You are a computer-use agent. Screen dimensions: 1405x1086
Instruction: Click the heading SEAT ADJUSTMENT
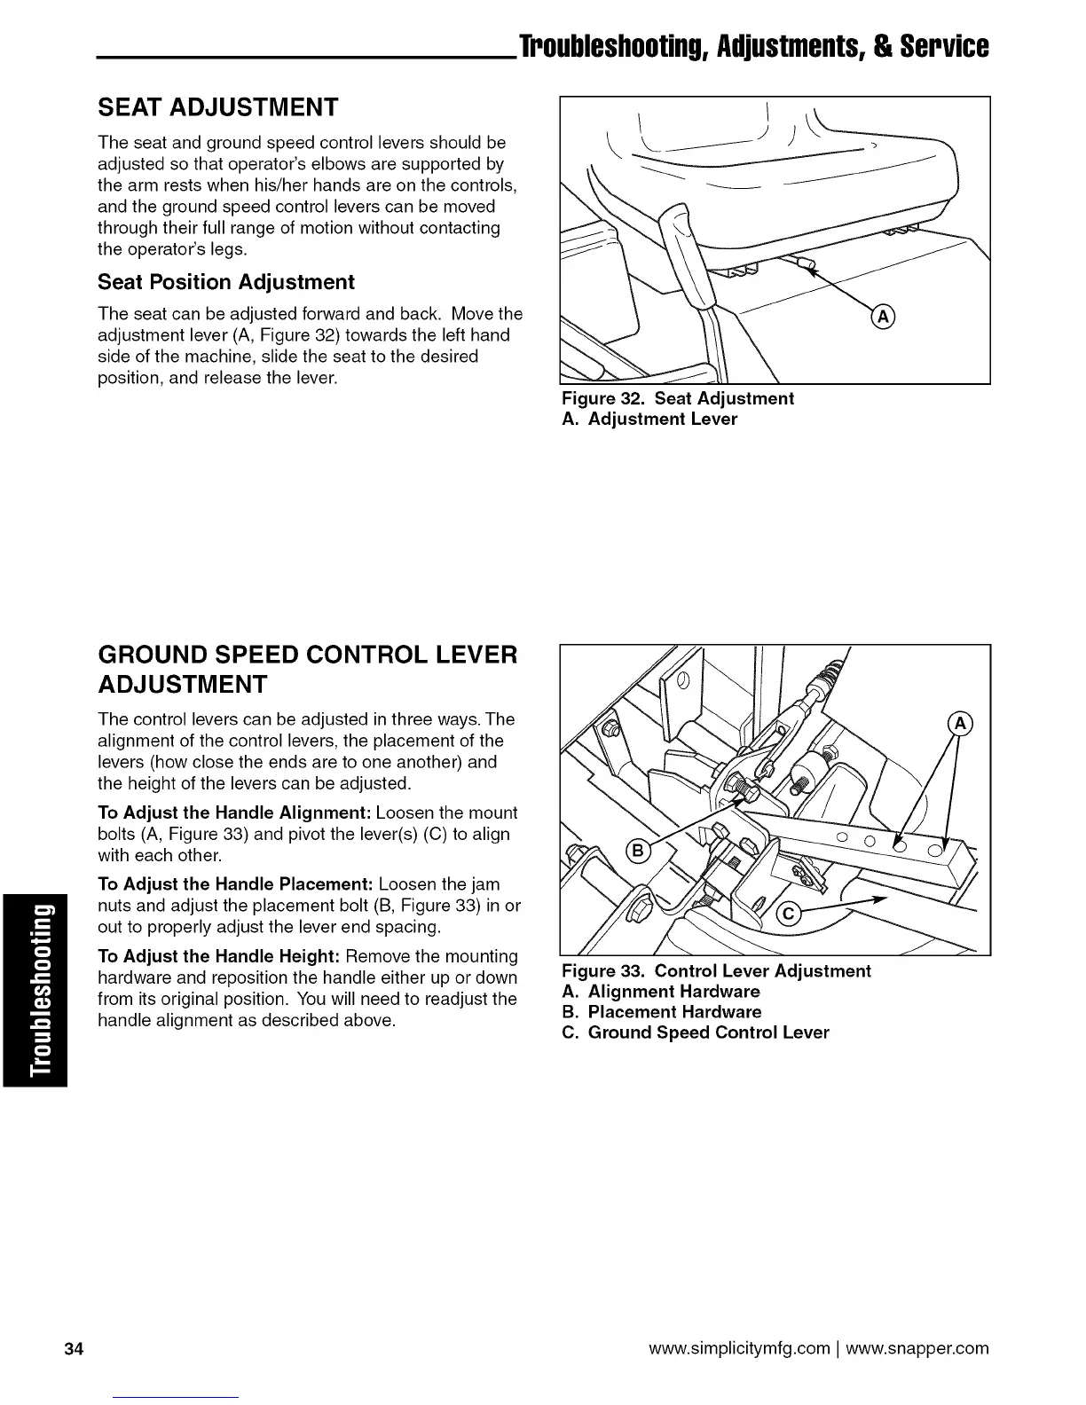click(217, 108)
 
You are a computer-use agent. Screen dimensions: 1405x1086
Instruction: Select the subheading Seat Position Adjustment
click(226, 282)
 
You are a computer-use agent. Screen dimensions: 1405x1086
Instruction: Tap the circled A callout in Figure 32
click(884, 317)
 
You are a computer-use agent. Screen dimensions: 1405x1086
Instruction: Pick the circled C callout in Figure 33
click(787, 916)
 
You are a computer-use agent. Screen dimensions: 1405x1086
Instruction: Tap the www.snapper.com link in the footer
click(917, 1349)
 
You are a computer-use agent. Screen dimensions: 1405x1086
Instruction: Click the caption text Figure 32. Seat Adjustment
click(678, 398)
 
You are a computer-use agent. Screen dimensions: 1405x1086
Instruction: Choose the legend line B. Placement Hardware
click(662, 1012)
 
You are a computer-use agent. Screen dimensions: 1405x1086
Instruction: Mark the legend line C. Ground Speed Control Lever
click(696, 1032)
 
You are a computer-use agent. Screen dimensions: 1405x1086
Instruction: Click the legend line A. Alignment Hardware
click(661, 992)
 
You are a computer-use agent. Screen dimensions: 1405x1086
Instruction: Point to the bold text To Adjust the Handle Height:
click(219, 956)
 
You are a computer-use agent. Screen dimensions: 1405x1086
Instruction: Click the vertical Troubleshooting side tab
click(35, 990)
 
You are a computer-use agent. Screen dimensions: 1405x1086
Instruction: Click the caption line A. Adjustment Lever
click(649, 419)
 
